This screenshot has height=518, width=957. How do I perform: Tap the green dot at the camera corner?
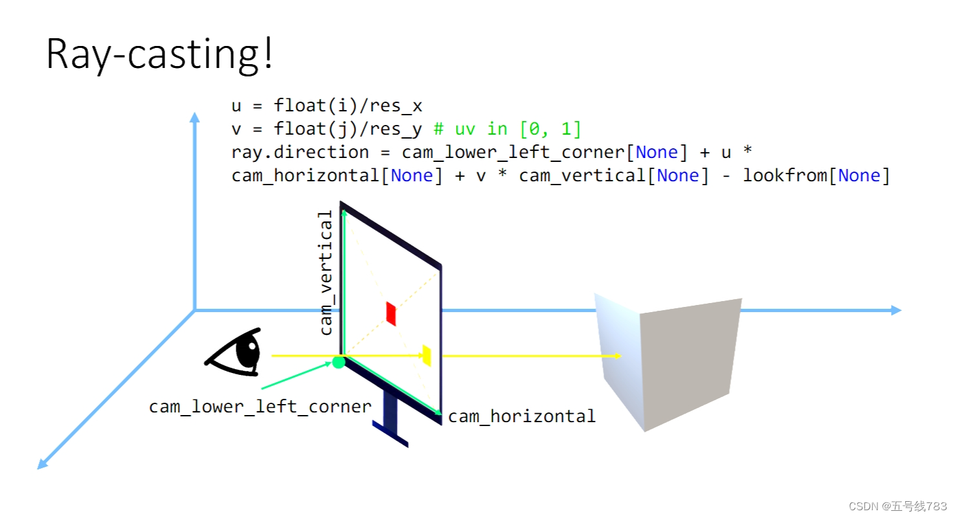(339, 362)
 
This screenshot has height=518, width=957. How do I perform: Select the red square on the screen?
(391, 313)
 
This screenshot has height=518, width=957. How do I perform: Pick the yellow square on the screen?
(427, 355)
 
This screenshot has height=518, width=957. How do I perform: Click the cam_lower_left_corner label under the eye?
(260, 407)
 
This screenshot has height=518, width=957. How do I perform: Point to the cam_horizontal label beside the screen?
(522, 416)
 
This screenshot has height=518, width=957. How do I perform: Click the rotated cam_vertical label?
(326, 273)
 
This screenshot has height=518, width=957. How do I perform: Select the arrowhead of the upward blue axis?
(194, 117)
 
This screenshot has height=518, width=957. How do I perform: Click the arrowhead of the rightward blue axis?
(896, 311)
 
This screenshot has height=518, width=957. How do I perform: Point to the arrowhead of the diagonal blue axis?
(42, 464)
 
